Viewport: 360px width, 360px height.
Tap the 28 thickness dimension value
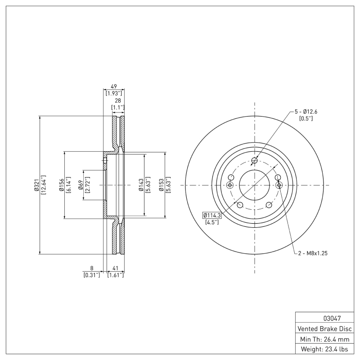pyautogui.click(x=117, y=101)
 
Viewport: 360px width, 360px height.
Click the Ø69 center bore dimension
pyautogui.click(x=80, y=185)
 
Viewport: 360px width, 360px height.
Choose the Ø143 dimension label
pyautogui.click(x=141, y=185)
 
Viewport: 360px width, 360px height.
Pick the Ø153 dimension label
pyautogui.click(x=161, y=185)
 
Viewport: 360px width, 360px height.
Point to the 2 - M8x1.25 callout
pyautogui.click(x=312, y=253)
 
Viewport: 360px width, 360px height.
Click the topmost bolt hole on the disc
pyautogui.click(x=255, y=161)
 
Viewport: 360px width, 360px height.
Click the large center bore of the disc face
pyautogui.click(x=255, y=185)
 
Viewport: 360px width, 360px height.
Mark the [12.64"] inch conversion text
pyautogui.click(x=44, y=185)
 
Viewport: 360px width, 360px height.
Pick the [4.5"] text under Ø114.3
pyautogui.click(x=211, y=222)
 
